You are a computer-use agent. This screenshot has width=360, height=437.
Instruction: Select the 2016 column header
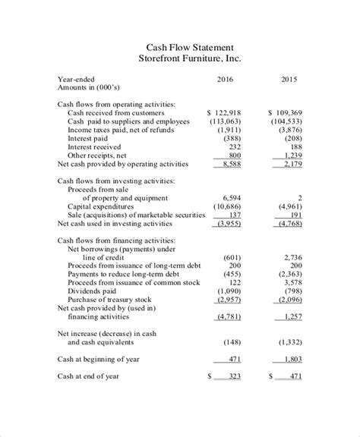click(225, 78)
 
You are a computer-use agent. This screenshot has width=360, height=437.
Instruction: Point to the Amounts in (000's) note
click(90, 88)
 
